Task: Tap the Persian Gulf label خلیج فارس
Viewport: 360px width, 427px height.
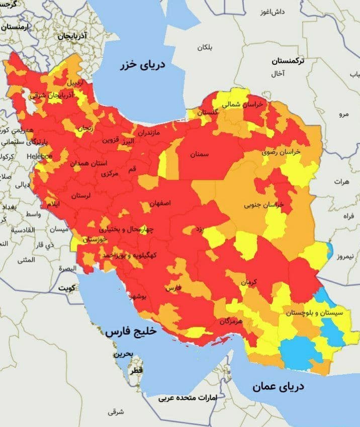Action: (131, 332)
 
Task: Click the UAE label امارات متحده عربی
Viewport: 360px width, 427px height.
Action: (188, 398)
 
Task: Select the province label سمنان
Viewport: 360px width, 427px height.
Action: (199, 154)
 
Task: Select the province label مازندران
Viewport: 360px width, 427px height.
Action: (148, 134)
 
